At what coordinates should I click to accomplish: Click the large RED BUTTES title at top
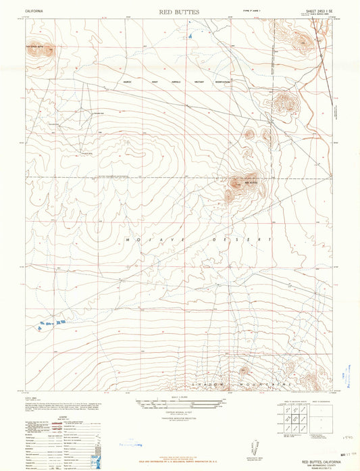pyautogui.click(x=180, y=11)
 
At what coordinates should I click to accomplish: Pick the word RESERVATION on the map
pyautogui.click(x=220, y=82)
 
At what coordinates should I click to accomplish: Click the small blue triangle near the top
pyautogui.click(x=192, y=34)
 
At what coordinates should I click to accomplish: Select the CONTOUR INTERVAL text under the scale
pyautogui.click(x=180, y=414)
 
